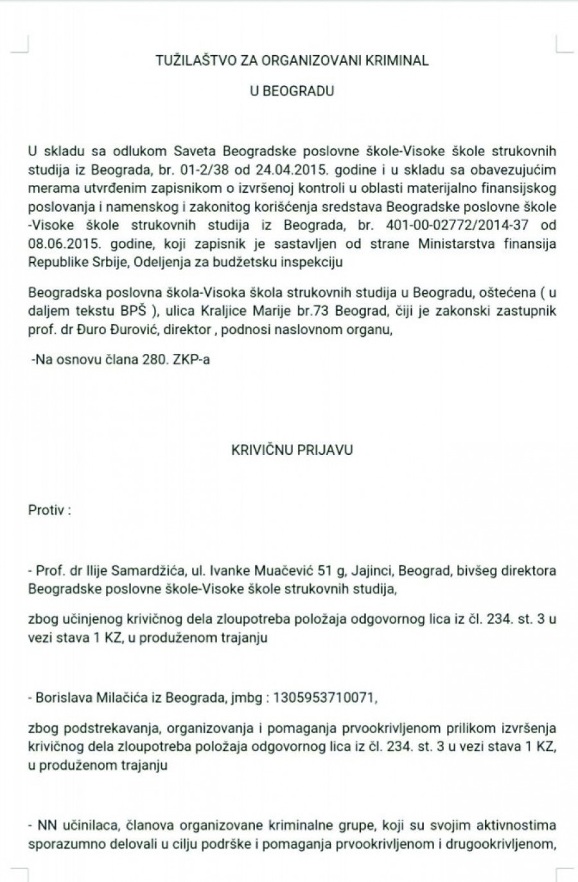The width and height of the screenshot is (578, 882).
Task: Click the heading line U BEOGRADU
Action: click(292, 91)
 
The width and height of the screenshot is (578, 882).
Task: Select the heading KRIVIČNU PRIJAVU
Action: click(292, 450)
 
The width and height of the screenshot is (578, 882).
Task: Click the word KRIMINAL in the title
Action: click(397, 61)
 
